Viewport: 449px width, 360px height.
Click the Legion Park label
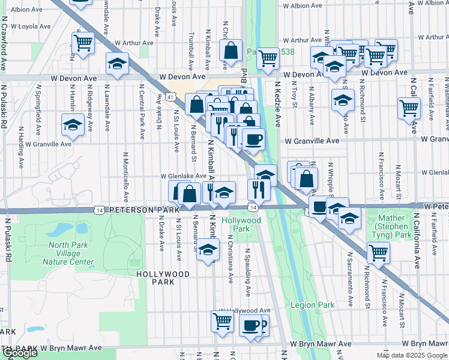click(312, 305)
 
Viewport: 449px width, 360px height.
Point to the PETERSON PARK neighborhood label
click(144, 211)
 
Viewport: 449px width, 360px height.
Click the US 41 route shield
click(171, 97)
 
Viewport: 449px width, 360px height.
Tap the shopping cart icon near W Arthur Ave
click(83, 42)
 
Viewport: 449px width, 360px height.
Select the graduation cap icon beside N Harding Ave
click(73, 125)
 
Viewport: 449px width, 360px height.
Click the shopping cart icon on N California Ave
click(409, 108)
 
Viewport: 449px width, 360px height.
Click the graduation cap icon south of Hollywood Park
click(208, 249)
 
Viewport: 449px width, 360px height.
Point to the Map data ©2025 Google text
click(411, 355)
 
